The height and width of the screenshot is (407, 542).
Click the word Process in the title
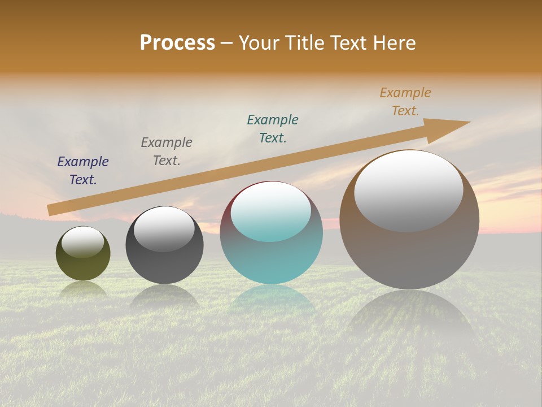(x=177, y=43)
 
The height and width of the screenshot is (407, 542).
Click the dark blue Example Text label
(x=83, y=171)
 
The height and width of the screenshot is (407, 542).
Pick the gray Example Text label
(x=167, y=151)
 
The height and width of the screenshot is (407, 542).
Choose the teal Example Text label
(x=273, y=129)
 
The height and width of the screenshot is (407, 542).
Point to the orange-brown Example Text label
(x=405, y=102)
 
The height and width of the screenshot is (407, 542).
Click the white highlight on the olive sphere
(x=83, y=242)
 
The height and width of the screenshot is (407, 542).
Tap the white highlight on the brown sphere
(x=409, y=190)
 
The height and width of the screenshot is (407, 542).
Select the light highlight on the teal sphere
(x=271, y=211)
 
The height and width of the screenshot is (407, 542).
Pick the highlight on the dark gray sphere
(x=164, y=228)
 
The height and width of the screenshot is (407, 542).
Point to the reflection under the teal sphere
(x=272, y=300)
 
